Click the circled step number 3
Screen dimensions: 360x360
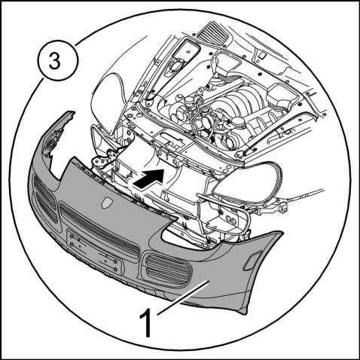click(57, 61)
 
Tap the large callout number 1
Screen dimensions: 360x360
click(146, 322)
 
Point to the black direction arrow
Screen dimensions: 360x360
click(148, 178)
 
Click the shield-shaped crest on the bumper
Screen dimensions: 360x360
click(107, 202)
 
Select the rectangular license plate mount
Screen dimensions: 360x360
click(94, 251)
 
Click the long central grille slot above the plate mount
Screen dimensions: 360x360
click(99, 231)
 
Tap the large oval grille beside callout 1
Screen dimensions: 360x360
click(167, 270)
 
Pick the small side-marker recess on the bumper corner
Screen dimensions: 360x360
click(252, 261)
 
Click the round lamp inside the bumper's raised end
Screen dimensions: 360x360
click(52, 145)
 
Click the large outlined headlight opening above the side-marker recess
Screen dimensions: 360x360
click(247, 182)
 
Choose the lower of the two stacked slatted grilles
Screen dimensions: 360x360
click(47, 208)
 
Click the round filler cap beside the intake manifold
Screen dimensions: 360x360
click(237, 122)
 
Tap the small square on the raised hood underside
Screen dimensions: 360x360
click(263, 56)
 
